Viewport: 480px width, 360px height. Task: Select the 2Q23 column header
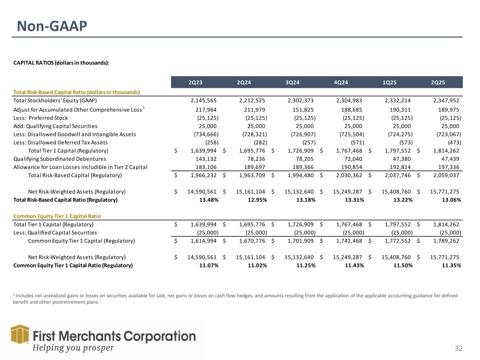196,83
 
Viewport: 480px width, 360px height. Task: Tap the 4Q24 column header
341,83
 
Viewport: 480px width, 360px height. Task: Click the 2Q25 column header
438,83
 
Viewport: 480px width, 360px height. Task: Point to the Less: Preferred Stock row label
40,118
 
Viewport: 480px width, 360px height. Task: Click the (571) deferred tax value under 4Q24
357,142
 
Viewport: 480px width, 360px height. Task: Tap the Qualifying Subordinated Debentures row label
59,159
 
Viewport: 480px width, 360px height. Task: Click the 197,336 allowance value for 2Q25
449,167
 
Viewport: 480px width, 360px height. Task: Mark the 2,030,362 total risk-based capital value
347,175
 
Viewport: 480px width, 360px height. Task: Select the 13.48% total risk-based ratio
209,200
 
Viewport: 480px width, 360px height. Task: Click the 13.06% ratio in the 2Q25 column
451,200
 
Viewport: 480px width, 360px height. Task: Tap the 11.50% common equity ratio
403,265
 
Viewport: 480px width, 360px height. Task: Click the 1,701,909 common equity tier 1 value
299,241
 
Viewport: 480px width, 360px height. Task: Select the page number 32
459,348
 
